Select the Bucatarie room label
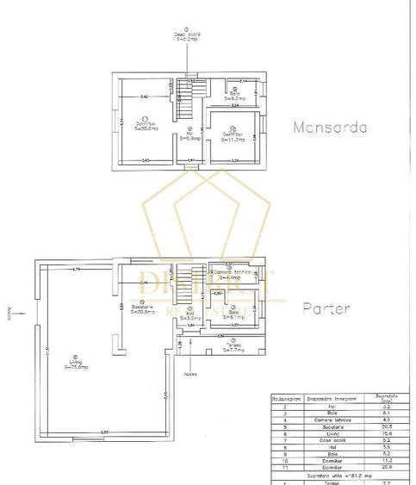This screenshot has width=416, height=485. (x=141, y=308)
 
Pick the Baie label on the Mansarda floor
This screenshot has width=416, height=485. (x=233, y=96)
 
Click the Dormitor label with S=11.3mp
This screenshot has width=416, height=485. (x=227, y=135)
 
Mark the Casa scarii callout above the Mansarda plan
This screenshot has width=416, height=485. (x=185, y=36)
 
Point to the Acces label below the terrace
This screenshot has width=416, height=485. (x=190, y=374)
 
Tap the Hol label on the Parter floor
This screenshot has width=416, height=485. (x=189, y=317)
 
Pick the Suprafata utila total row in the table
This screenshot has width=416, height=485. (x=340, y=473)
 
